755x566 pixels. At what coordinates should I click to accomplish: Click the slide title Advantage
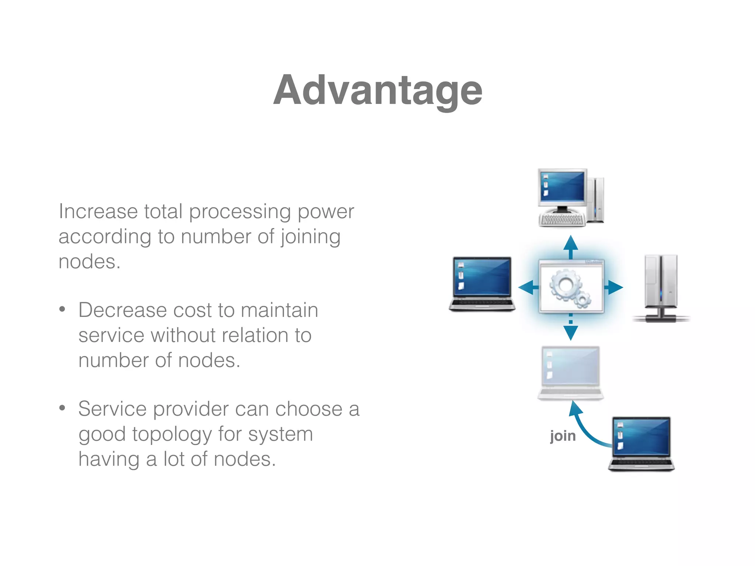[377, 90]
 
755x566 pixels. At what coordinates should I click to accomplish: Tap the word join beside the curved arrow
[563, 436]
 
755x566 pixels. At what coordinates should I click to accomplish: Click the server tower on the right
[661, 287]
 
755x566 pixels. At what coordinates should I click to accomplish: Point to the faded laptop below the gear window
[570, 373]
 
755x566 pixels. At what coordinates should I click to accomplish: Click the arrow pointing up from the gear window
[571, 246]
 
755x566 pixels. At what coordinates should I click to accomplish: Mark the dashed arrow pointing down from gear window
[571, 329]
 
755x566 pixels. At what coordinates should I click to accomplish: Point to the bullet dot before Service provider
[62, 408]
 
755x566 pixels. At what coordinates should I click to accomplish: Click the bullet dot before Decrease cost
[62, 309]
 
